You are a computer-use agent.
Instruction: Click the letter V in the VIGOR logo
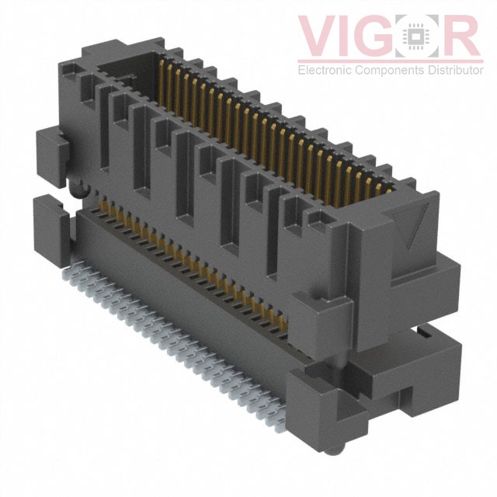coord(319,36)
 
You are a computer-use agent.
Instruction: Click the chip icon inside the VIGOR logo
coord(421,36)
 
